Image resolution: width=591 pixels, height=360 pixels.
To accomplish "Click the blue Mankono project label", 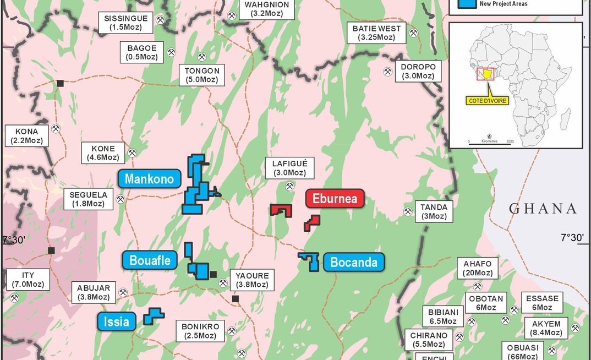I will click(x=149, y=179).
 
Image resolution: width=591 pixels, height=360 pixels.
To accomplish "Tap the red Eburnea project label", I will click(x=335, y=199).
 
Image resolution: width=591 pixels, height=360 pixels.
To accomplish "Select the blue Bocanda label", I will click(x=354, y=262).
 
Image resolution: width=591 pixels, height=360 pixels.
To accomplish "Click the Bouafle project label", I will click(x=150, y=259).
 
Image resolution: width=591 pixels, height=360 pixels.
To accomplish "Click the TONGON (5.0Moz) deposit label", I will click(x=202, y=75).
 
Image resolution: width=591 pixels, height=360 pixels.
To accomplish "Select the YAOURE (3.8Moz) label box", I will click(x=252, y=280).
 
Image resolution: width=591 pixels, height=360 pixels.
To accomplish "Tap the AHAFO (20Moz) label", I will click(x=478, y=268).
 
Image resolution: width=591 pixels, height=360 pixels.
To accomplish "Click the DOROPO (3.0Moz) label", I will click(x=418, y=71).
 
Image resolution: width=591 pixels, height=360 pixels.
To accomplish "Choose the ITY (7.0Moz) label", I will click(x=28, y=280).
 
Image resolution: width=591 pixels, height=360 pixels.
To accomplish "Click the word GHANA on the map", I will click(x=542, y=209).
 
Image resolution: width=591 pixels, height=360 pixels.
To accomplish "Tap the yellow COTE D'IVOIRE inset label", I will click(x=487, y=101).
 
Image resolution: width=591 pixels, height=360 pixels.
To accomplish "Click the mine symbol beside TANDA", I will click(x=408, y=211).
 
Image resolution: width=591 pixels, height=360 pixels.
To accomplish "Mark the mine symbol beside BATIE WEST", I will click(x=413, y=33).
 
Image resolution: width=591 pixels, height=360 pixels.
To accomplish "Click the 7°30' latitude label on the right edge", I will click(x=571, y=238).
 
